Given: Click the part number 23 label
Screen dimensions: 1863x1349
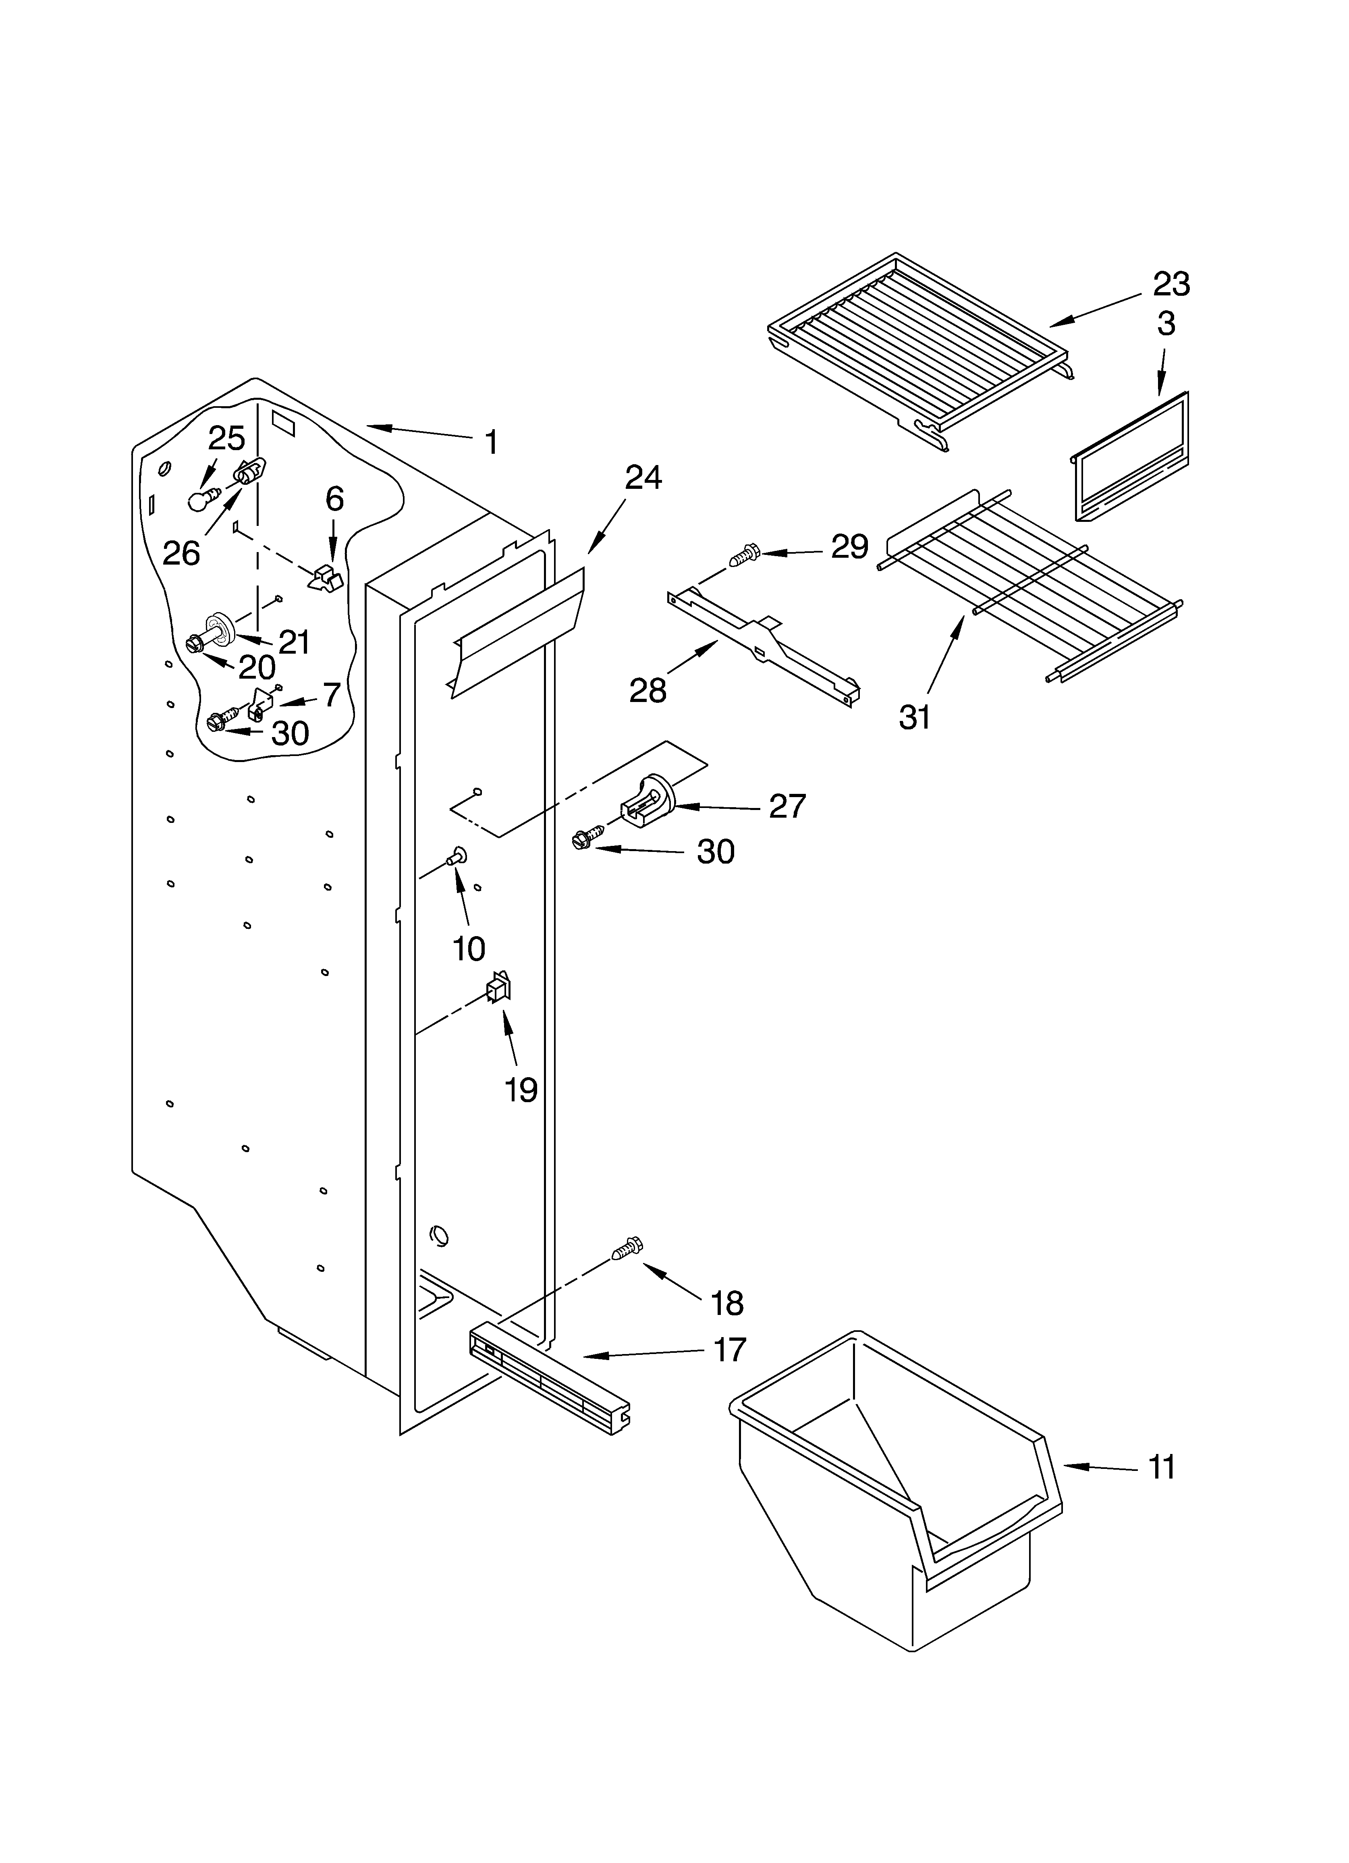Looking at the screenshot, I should (x=1171, y=284).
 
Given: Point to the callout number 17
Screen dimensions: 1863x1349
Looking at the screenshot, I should (x=729, y=1349).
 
